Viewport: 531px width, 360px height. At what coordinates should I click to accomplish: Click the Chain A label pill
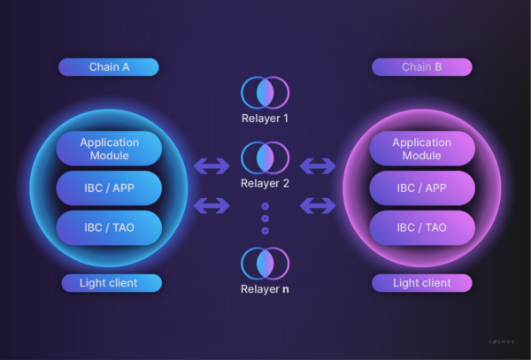click(108, 67)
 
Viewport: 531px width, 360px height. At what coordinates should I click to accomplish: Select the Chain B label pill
click(421, 67)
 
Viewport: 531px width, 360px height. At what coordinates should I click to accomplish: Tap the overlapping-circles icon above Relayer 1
click(265, 92)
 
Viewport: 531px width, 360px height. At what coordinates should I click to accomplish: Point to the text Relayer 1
click(265, 118)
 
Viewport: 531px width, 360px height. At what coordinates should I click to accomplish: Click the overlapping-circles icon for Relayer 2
click(265, 158)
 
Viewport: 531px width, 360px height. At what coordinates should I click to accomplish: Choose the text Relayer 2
click(265, 184)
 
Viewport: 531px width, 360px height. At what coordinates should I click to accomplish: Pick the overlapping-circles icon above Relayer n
click(265, 263)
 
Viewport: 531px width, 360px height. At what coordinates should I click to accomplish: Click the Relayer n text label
click(265, 288)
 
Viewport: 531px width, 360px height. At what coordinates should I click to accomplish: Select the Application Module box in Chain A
click(109, 149)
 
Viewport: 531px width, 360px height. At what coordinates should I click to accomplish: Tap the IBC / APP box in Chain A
click(109, 188)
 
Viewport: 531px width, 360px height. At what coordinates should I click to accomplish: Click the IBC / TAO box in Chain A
click(109, 227)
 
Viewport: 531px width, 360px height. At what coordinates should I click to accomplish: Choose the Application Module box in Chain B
click(422, 149)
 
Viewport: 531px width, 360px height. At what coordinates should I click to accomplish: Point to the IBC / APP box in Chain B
click(422, 188)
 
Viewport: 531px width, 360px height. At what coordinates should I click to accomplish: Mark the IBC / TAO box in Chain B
click(422, 227)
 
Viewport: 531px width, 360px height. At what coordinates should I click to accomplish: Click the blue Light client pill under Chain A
click(112, 283)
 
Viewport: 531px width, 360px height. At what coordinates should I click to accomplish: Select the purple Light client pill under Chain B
click(421, 283)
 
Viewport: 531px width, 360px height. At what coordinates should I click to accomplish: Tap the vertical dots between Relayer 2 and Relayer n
click(265, 218)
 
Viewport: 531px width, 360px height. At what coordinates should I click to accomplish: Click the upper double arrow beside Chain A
click(212, 165)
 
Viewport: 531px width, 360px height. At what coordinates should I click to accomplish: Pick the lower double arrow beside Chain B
click(318, 206)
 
